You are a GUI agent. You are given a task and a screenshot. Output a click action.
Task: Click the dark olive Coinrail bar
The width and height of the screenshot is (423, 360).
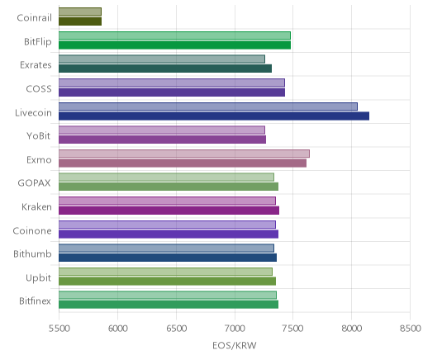click(x=80, y=21)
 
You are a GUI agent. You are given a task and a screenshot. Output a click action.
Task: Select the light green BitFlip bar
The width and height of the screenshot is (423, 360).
click(x=174, y=36)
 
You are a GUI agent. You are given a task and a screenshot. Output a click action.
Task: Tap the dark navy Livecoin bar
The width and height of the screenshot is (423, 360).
click(x=214, y=116)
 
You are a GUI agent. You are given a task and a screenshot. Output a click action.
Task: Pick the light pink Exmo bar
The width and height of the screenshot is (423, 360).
click(x=184, y=154)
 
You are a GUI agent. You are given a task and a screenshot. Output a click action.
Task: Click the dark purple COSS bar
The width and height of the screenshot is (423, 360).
click(x=172, y=92)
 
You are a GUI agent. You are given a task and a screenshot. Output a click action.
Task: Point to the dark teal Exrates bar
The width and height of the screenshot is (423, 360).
click(x=165, y=69)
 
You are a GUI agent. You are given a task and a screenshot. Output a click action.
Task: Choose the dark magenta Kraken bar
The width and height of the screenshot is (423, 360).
click(x=169, y=211)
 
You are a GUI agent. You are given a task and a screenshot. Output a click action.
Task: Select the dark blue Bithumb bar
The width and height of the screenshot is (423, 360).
click(x=168, y=258)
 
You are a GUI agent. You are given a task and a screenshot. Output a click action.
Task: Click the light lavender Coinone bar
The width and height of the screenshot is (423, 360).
click(x=167, y=225)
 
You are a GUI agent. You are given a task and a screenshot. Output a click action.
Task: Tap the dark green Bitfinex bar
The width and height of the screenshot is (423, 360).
click(x=169, y=305)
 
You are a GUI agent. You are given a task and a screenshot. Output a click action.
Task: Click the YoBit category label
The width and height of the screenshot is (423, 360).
click(x=39, y=136)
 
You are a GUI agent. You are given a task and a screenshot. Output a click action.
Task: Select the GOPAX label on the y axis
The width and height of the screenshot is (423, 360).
click(x=34, y=183)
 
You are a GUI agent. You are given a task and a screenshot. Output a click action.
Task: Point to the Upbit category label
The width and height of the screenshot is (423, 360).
click(x=38, y=278)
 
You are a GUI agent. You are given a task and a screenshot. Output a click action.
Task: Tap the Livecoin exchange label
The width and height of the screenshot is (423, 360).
click(x=33, y=112)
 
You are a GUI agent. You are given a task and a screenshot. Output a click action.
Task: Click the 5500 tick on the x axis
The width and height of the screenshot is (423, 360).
click(x=59, y=329)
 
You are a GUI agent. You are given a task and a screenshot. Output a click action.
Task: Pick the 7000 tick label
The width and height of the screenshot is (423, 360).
click(x=235, y=329)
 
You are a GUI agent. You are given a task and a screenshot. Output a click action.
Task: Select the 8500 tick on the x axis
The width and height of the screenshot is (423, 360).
click(x=411, y=329)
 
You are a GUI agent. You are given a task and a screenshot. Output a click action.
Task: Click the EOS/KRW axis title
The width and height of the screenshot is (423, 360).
click(x=235, y=345)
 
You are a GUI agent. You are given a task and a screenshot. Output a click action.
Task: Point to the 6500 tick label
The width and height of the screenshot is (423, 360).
click(x=176, y=329)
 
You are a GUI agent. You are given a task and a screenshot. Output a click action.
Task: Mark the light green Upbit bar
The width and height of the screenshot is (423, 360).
click(x=165, y=272)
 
